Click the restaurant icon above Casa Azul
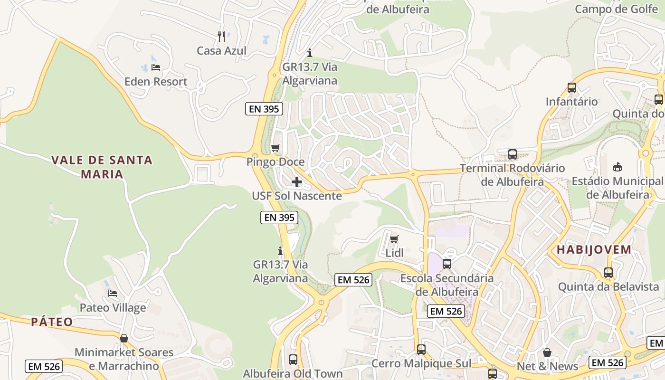coord(221,36)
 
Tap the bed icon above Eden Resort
coord(156,67)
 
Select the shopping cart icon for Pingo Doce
coord(275,148)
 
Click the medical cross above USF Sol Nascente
coord(297,181)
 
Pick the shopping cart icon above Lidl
coord(394,239)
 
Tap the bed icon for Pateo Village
coord(113,294)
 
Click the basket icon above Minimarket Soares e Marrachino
coord(124,338)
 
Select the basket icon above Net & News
coord(547,352)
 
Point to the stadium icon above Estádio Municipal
coord(617,167)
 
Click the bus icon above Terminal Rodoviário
coord(512,154)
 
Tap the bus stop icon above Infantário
coord(572,88)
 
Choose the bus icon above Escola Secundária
coord(447,264)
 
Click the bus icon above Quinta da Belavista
coord(608,273)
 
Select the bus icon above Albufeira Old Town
coord(293,360)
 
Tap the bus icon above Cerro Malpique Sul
coord(421,350)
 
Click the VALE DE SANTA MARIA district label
coord(102,167)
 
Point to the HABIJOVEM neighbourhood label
coord(594,250)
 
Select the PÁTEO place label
coord(52,322)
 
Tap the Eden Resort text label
coord(156,82)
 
